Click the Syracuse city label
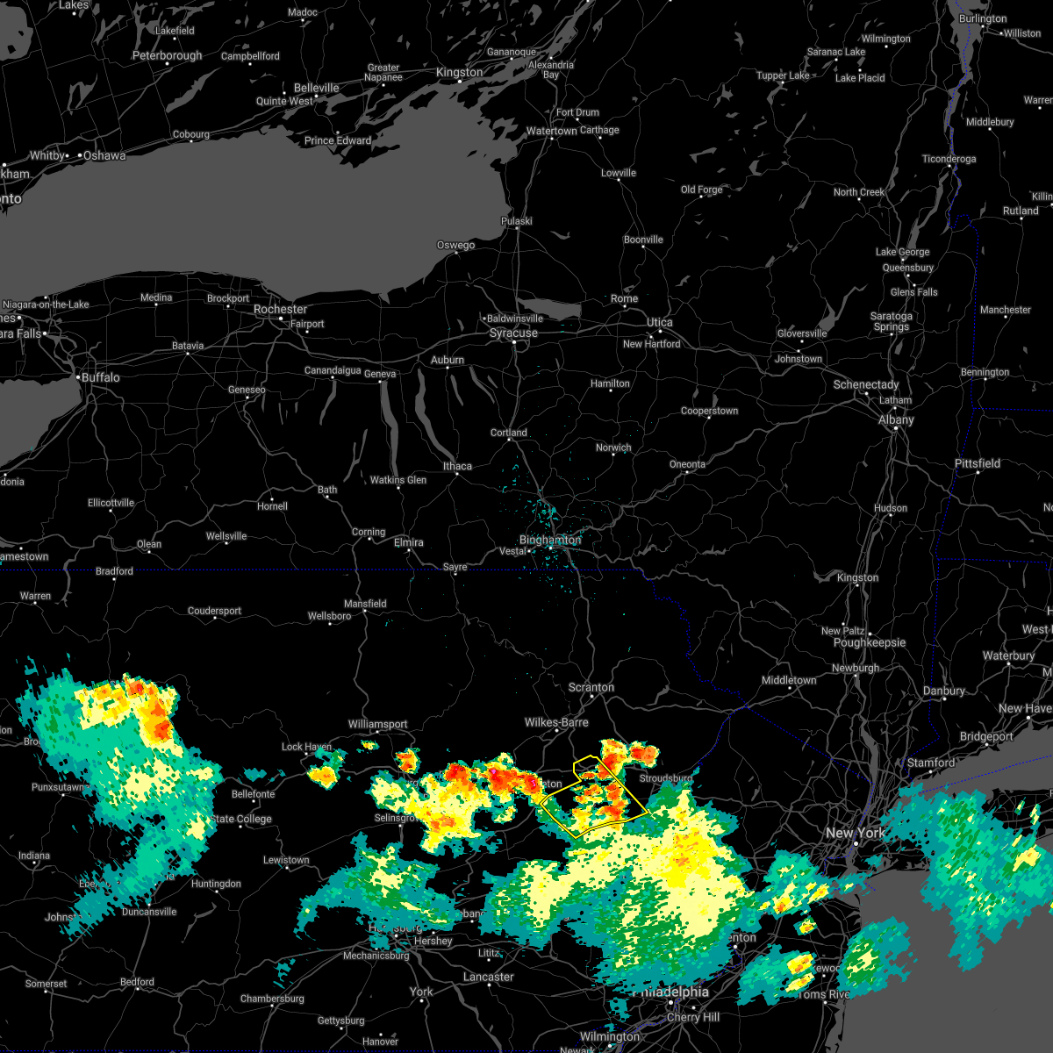click(x=513, y=333)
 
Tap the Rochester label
click(x=280, y=310)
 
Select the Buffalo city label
click(x=100, y=377)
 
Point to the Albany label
click(x=896, y=420)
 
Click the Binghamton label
click(x=550, y=541)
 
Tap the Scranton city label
click(x=591, y=688)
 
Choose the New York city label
click(x=856, y=833)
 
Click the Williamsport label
click(x=377, y=725)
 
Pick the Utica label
click(x=660, y=323)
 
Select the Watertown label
click(x=551, y=132)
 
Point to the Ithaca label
click(x=457, y=467)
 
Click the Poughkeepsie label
click(x=869, y=643)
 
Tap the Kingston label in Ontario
click(x=459, y=73)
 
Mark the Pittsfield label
click(x=977, y=464)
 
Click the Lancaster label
click(x=488, y=978)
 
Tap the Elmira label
click(x=409, y=543)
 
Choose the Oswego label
click(x=455, y=246)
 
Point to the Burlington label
click(x=983, y=19)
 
